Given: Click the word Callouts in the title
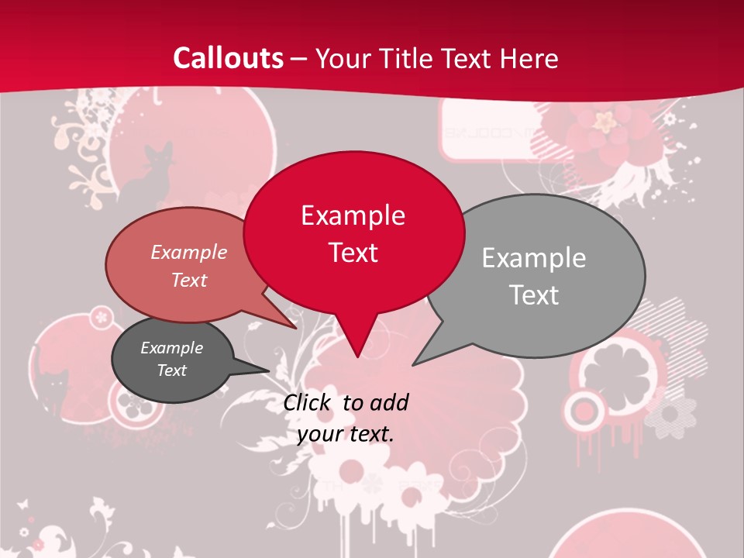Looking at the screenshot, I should (x=228, y=58).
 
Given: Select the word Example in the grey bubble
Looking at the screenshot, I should (x=533, y=258).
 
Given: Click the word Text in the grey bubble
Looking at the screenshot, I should (x=533, y=295).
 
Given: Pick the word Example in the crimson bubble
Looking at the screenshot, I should (x=353, y=215).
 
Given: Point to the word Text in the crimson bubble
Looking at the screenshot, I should (x=353, y=253).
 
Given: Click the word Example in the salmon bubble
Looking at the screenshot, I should (x=188, y=252).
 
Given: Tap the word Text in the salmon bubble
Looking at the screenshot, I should (x=188, y=280).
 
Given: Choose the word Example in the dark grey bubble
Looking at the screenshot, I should (x=171, y=348).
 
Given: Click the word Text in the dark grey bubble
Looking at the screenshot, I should (x=171, y=370).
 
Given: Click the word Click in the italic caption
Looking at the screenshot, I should (x=308, y=402).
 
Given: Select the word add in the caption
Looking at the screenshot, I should (x=389, y=402).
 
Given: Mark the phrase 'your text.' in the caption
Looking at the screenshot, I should (x=346, y=434).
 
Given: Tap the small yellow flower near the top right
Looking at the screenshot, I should (x=603, y=120).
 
